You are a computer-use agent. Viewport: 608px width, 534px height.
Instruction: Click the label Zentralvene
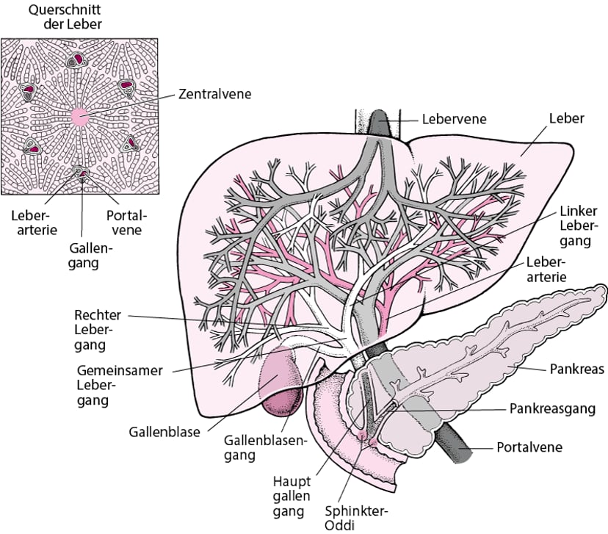click(215, 94)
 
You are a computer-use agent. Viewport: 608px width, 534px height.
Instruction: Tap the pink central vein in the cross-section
click(79, 116)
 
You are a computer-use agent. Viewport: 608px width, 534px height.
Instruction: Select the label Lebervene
click(454, 118)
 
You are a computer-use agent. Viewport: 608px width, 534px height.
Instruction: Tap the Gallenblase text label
click(164, 432)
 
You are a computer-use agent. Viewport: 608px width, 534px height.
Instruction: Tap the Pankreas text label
click(576, 369)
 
